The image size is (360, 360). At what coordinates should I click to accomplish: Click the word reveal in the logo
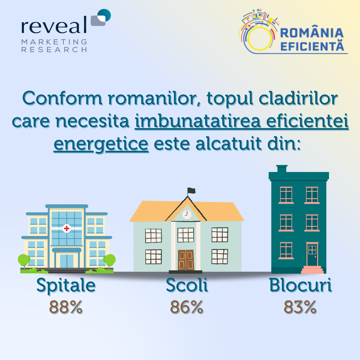(x=54, y=25)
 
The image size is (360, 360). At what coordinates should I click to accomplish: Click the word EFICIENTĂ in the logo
(x=312, y=46)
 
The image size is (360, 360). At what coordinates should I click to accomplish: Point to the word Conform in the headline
(x=62, y=98)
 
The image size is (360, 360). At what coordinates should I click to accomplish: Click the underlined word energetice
(x=101, y=144)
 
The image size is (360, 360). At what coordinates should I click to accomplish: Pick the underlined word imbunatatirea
(x=198, y=121)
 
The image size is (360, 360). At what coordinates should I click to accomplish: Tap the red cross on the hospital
(x=67, y=228)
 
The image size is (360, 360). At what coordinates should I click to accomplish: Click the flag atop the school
(x=191, y=191)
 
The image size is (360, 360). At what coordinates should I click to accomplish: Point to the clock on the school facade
(x=187, y=214)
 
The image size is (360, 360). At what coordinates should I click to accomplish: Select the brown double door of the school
(x=186, y=260)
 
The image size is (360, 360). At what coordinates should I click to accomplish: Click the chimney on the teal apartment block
(x=282, y=169)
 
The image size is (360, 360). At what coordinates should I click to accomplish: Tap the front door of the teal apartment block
(x=312, y=254)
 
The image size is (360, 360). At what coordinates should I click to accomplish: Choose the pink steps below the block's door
(x=312, y=270)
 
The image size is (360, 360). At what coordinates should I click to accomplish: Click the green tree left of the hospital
(x=24, y=261)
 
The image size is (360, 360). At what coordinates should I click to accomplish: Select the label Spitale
(x=66, y=286)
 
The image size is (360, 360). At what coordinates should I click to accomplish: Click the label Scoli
(x=187, y=285)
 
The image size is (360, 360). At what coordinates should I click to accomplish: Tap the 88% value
(x=66, y=307)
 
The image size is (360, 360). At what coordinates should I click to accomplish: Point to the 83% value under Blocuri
(x=300, y=307)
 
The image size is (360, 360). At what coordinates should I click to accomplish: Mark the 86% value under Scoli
(x=187, y=307)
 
